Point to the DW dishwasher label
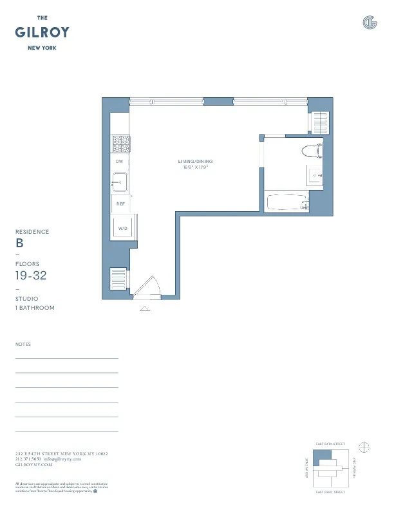click(119, 162)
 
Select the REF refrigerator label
click(120, 203)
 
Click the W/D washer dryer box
click(121, 228)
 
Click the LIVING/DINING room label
click(195, 161)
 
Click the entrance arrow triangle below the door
click(145, 308)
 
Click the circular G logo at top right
click(370, 23)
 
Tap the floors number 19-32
click(32, 276)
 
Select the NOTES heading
click(23, 345)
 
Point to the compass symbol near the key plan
click(364, 446)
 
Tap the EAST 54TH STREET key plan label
click(330, 444)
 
